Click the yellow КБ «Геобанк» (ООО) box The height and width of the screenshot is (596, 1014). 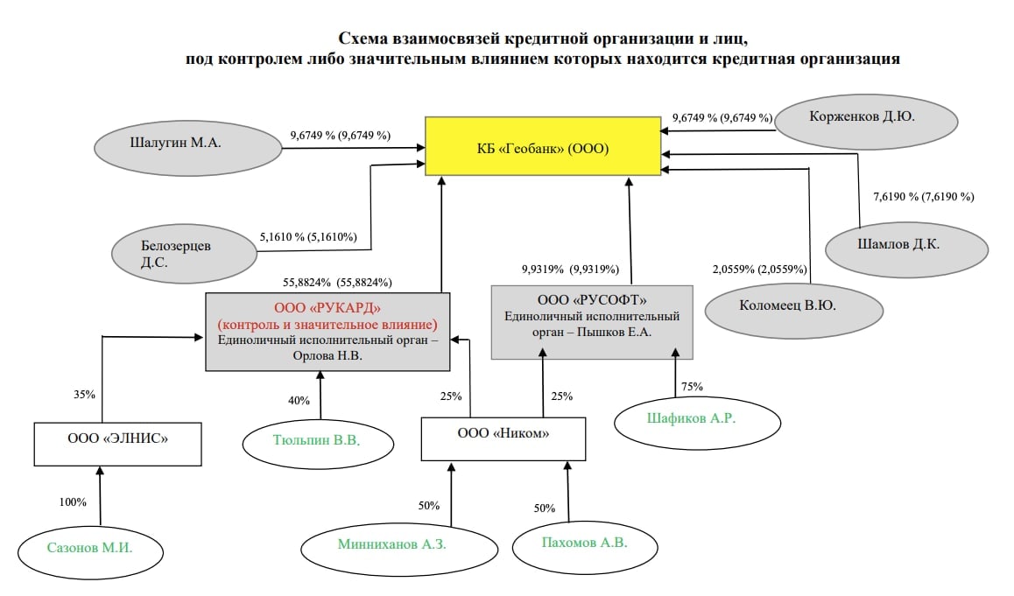click(543, 146)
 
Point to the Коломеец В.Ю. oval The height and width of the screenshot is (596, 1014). click(794, 305)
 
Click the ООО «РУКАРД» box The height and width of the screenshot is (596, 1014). click(327, 333)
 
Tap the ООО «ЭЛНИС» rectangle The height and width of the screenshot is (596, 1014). click(118, 445)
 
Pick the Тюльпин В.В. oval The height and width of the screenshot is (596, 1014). click(320, 440)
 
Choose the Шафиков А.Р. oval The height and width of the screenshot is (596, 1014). click(697, 419)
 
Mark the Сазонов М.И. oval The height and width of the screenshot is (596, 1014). click(91, 550)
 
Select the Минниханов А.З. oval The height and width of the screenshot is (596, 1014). click(391, 544)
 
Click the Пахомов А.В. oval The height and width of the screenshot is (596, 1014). click(583, 543)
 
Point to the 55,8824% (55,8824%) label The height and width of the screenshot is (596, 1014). click(336, 283)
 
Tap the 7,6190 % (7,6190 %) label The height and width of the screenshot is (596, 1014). click(924, 197)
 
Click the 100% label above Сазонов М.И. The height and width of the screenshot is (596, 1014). click(73, 502)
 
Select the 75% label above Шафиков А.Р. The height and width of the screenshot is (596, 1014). click(692, 386)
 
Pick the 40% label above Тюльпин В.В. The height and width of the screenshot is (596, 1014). click(299, 401)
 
